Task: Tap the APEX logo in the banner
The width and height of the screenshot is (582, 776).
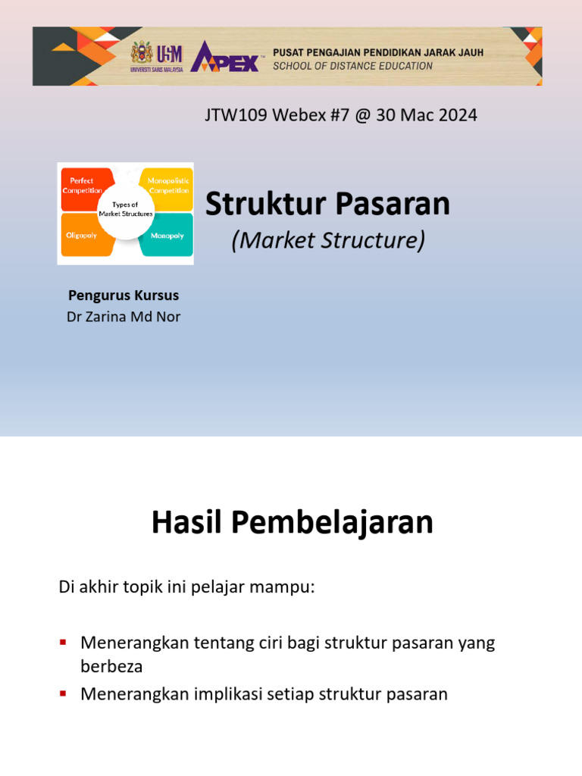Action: click(x=226, y=57)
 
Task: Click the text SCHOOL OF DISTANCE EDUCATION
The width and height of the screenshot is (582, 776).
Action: click(x=353, y=66)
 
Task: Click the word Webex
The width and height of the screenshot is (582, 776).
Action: click(x=299, y=116)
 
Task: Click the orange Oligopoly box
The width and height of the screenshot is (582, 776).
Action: click(x=80, y=236)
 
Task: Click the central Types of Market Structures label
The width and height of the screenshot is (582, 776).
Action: click(x=125, y=210)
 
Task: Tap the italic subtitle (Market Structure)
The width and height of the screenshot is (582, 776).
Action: click(x=328, y=241)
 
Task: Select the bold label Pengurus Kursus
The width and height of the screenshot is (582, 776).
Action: click(x=124, y=296)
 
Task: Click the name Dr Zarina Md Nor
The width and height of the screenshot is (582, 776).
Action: click(x=124, y=317)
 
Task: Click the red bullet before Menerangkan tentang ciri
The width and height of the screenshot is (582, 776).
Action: click(x=64, y=643)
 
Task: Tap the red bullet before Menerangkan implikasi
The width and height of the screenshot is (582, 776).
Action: click(x=64, y=693)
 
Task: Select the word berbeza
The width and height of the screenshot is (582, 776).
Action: click(x=111, y=667)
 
